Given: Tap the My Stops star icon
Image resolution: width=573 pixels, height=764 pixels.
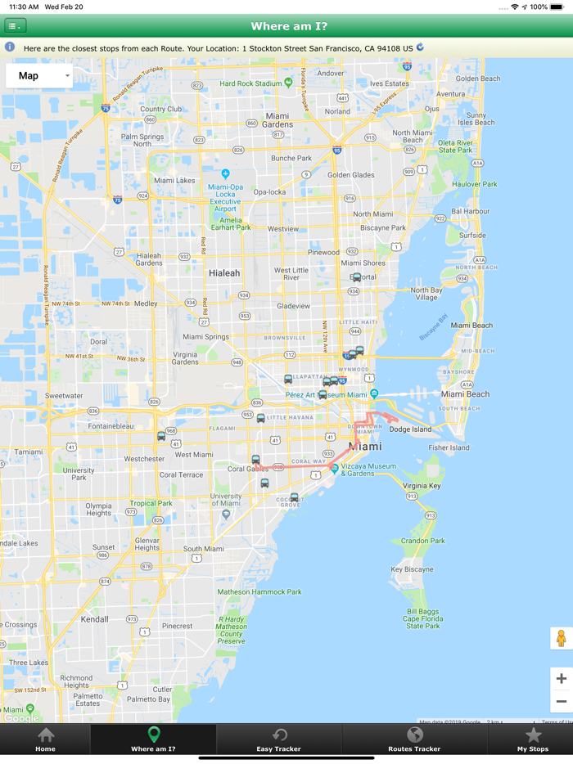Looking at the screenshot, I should point(533,735).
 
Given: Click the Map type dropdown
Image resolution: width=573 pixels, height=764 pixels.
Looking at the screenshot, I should point(39,76).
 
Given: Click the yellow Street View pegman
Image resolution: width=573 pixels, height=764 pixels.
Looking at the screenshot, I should point(561,638).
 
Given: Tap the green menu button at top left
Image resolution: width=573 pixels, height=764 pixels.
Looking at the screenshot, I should point(16,26).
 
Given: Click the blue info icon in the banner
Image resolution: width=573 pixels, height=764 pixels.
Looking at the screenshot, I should point(10,47).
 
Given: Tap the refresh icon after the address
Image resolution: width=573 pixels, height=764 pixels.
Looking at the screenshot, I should point(420,47).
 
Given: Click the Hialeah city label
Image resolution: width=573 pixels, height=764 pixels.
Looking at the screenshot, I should point(224,273).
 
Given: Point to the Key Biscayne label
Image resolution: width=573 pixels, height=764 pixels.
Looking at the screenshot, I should point(412,569).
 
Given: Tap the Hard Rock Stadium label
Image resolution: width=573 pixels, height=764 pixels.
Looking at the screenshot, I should point(250,83).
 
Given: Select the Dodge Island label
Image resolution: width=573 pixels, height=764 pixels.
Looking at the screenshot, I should point(410,429).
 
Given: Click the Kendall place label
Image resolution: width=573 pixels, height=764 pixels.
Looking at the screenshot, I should point(95,619).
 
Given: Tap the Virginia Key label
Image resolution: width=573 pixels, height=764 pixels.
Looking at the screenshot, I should point(422,486).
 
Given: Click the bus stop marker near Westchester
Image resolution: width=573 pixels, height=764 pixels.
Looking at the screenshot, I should point(161,436).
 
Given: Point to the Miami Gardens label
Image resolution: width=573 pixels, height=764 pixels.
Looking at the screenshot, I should point(277,120).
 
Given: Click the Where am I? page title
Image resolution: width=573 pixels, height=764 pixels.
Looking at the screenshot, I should point(289,26).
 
